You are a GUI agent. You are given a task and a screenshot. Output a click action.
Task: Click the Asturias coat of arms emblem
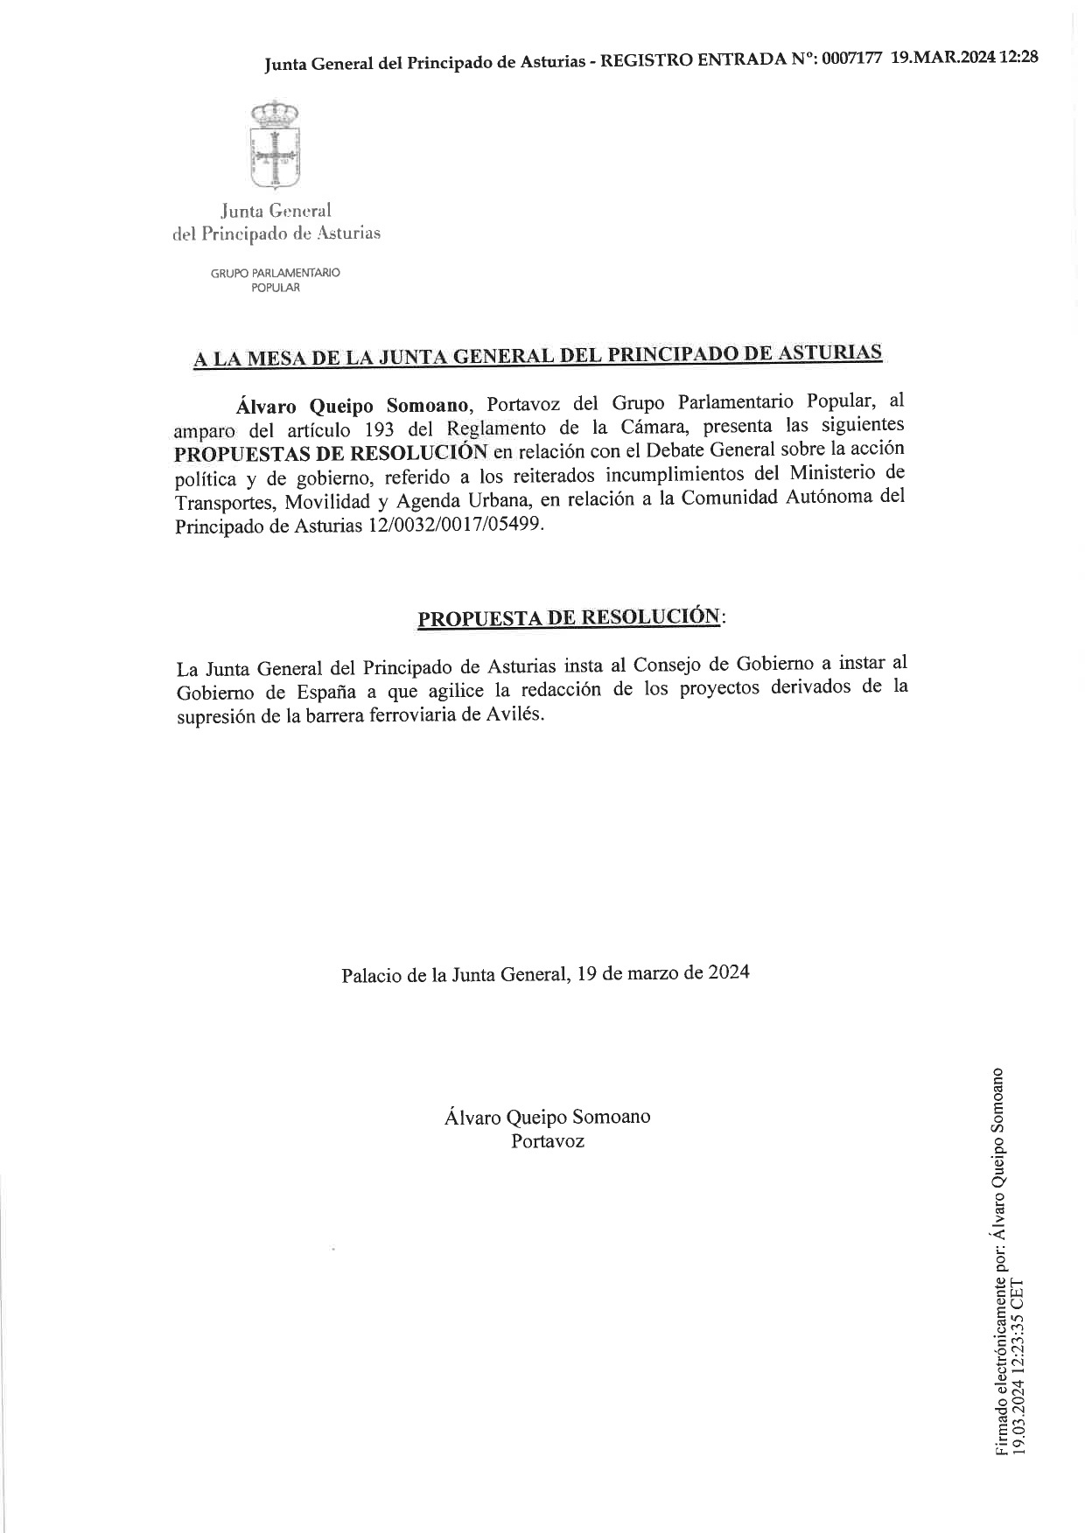[275, 145]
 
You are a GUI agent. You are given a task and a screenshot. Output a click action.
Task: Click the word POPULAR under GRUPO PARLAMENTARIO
[275, 288]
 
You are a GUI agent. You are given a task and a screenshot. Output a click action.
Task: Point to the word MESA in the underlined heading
[279, 358]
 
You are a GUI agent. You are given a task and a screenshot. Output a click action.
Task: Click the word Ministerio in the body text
[835, 473]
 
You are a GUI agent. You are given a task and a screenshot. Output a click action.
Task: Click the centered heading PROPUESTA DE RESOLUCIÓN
[569, 617]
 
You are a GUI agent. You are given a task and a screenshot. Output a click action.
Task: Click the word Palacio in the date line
[371, 974]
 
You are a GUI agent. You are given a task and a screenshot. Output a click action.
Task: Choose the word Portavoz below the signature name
[548, 1141]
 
